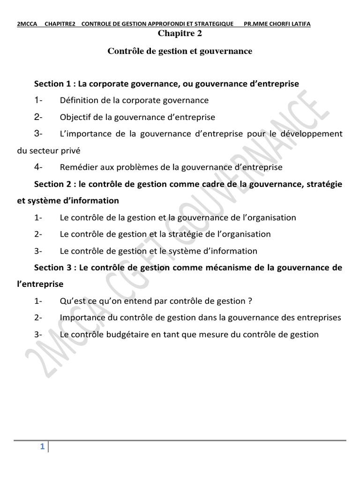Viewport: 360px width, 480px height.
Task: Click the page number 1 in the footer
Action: pyautogui.click(x=42, y=447)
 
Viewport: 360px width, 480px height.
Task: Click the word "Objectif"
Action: pyautogui.click(x=75, y=117)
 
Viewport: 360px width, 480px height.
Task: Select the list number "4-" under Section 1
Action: pyautogui.click(x=38, y=167)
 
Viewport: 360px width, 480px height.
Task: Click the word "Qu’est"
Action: pyautogui.click(x=72, y=301)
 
